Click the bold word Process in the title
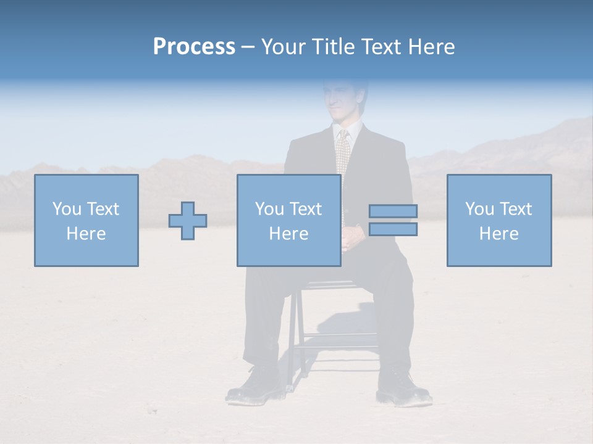point(194,47)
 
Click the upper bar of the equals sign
point(393,211)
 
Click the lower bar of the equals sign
point(393,229)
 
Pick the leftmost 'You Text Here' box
point(86,220)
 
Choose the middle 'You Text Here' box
point(288,220)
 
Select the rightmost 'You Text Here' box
point(499,220)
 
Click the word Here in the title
point(431,47)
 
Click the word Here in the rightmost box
point(499,234)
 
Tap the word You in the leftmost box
point(67,209)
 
